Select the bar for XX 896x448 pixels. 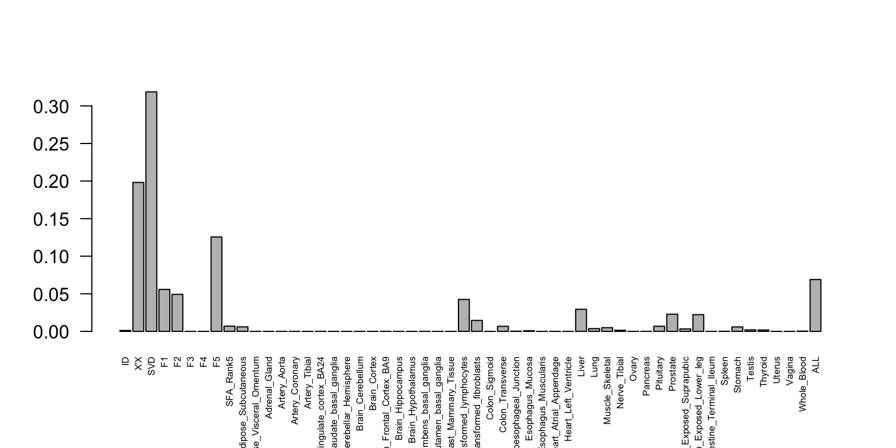click(138, 257)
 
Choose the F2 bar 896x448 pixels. click(177, 313)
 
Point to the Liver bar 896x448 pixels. click(581, 320)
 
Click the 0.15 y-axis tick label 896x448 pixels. click(54, 219)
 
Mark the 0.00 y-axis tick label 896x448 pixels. click(54, 332)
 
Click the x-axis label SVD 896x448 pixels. click(152, 366)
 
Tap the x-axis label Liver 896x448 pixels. click(582, 367)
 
